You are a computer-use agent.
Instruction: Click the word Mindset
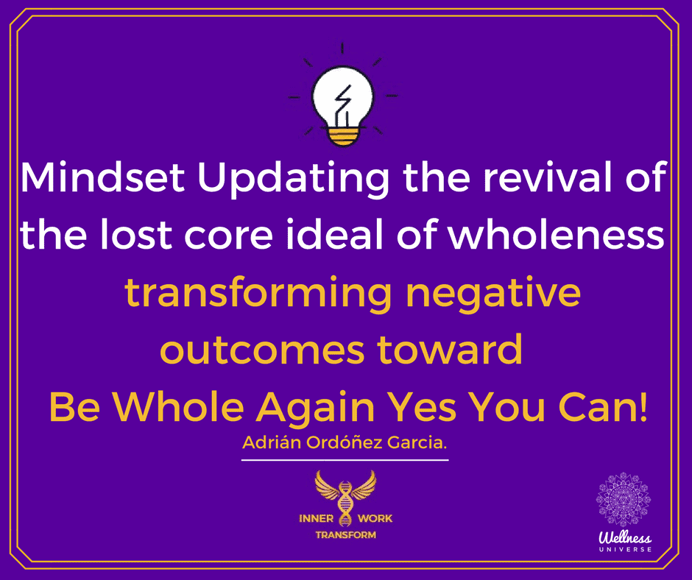coord(102,177)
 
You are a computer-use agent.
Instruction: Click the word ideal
coord(333,234)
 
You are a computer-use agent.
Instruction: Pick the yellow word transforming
coord(258,295)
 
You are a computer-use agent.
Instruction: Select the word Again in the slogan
coord(316,408)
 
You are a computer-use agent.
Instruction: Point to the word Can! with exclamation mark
coord(603,406)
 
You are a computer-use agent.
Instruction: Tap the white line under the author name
coord(345,460)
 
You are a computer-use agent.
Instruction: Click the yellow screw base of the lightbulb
coord(343,135)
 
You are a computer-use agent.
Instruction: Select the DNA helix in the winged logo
coord(345,504)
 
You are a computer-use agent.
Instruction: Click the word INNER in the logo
coord(316,518)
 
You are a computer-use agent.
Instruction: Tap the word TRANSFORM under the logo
coord(345,535)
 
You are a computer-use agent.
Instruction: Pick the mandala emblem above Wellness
coord(623,500)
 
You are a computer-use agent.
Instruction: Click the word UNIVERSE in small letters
coord(625,550)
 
